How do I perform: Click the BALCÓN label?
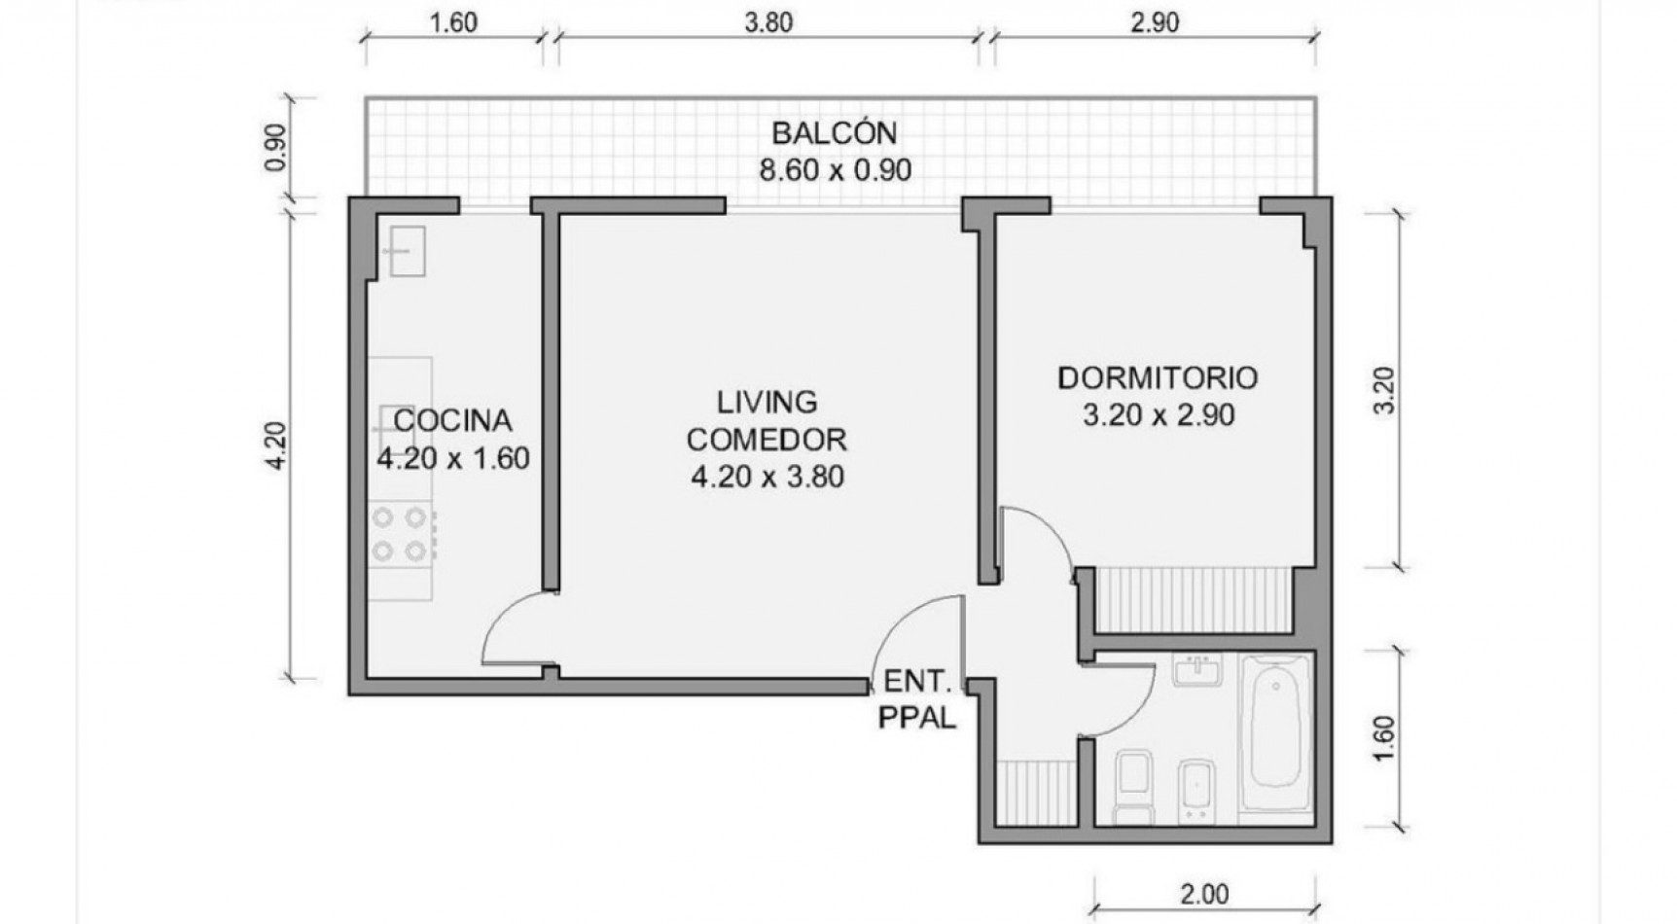coord(834,132)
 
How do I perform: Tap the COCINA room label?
coord(452,420)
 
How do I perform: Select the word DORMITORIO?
coord(1158,377)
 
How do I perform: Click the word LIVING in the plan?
coord(767,402)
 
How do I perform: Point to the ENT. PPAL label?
coord(916,699)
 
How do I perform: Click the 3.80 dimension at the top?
coord(768,21)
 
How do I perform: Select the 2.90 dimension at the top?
coord(1155,21)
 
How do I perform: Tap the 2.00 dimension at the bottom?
coord(1204,893)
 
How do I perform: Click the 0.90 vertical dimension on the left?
coord(276,147)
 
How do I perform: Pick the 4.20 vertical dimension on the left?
coord(276,445)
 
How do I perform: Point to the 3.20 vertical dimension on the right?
coord(1385,390)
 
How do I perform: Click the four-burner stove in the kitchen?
coord(402,534)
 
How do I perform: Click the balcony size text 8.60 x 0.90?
coord(835,170)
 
